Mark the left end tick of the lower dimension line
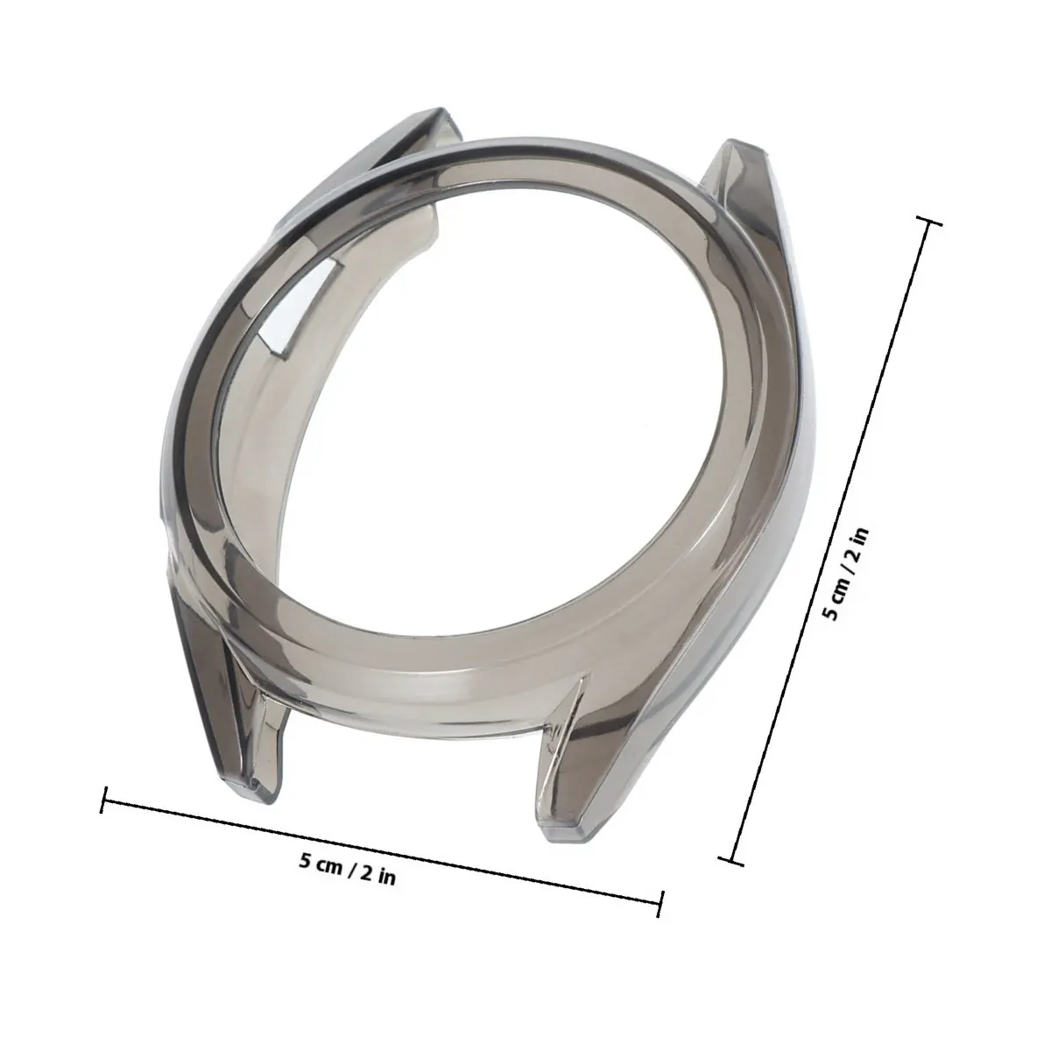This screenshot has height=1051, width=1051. coord(104,800)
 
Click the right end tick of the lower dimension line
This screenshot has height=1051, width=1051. coord(661,905)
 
